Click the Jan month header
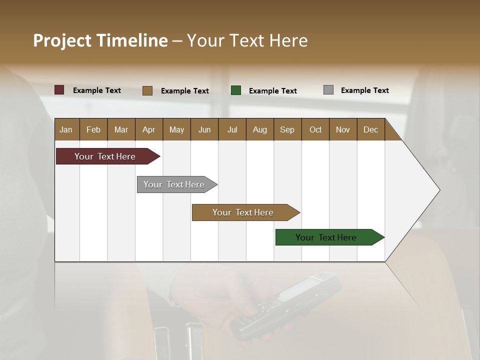tap(66, 130)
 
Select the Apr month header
tap(148, 130)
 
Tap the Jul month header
tap(232, 130)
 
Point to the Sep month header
tap(287, 130)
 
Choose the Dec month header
tap(370, 130)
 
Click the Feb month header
tap(93, 130)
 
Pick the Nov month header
tap(342, 130)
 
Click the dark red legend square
tap(59, 90)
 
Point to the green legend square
tap(236, 90)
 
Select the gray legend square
tap(328, 90)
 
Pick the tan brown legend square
tap(147, 90)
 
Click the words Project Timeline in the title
tap(100, 40)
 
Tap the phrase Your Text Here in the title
tap(247, 40)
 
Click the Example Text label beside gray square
tap(364, 90)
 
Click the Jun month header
tap(204, 130)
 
